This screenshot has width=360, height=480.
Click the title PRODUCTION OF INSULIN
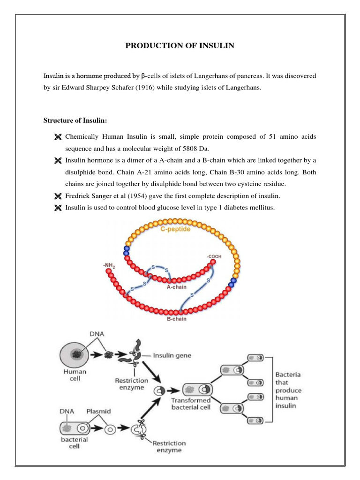point(180,45)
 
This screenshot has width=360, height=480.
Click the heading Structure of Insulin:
point(75,120)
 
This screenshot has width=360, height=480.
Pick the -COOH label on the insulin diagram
point(214,257)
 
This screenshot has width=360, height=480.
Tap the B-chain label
point(176,319)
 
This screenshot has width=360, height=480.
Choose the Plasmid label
point(98,411)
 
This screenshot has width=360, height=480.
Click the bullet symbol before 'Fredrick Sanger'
point(58,195)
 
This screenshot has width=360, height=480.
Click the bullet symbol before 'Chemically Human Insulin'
point(58,137)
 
